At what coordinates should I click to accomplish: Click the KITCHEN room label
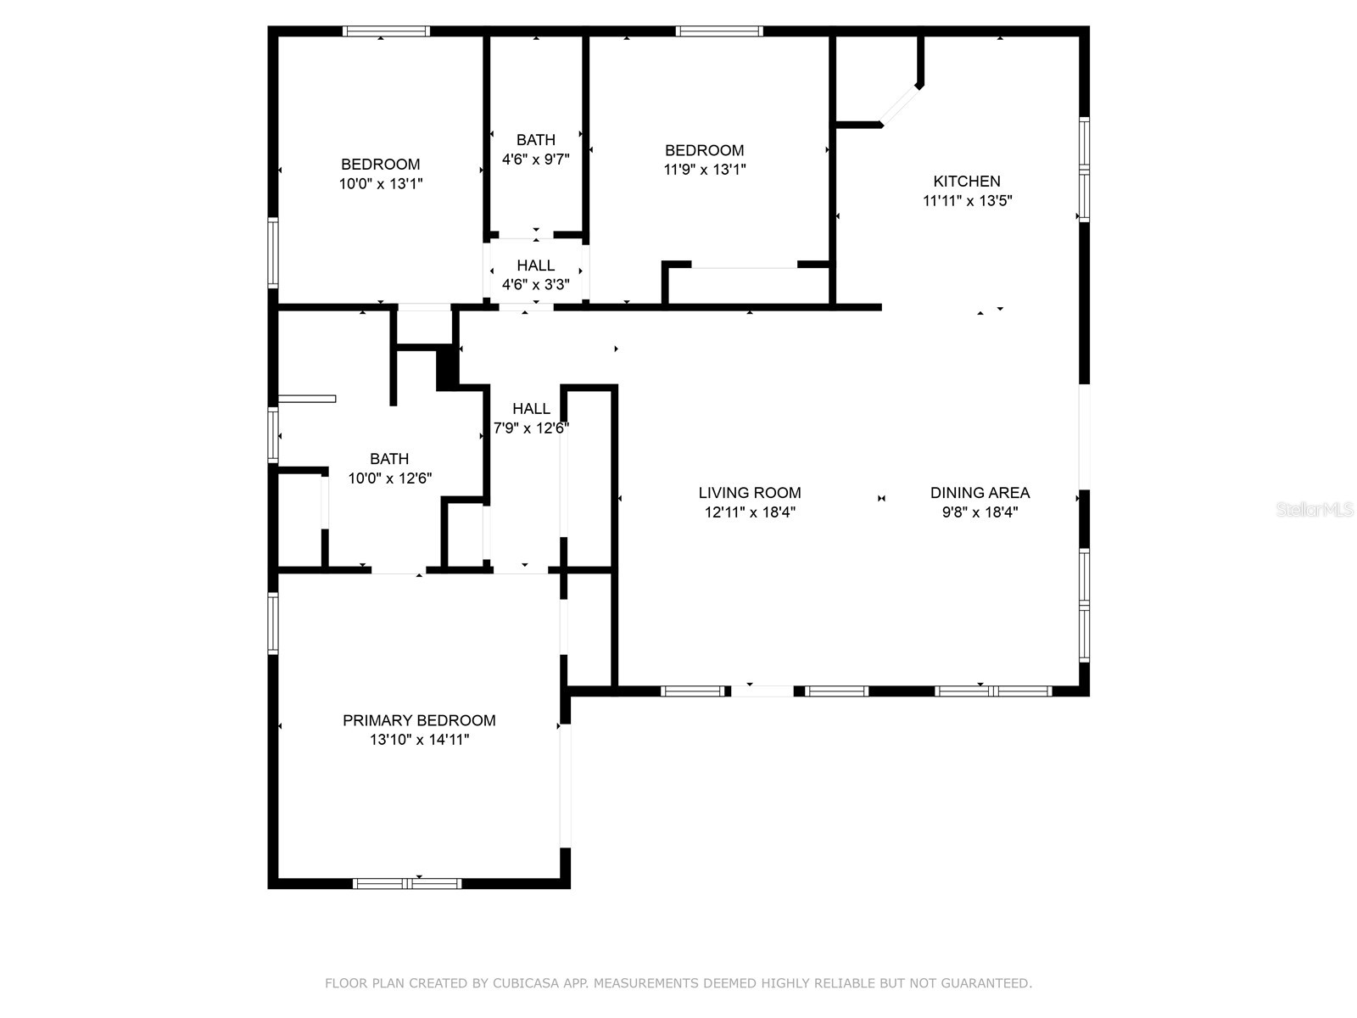coord(966,181)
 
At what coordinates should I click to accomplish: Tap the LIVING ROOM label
coord(749,492)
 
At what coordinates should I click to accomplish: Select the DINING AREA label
coord(980,492)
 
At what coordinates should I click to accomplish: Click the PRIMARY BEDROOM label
coord(419,720)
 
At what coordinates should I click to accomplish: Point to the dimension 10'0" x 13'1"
coord(381,183)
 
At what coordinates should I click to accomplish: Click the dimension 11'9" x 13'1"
coord(704,169)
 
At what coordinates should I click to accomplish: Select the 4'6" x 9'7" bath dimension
coord(535,159)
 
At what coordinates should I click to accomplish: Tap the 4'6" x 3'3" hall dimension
coord(535,284)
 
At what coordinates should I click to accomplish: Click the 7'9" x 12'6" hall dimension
coord(531,428)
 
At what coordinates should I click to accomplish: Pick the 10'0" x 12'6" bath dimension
coord(389,478)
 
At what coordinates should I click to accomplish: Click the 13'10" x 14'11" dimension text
coord(419,740)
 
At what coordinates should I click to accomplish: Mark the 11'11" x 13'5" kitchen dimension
coord(967,201)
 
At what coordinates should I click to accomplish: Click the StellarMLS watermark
coord(1314,510)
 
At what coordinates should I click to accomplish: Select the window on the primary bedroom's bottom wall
coord(407,883)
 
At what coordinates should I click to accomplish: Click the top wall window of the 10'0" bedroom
coord(386,31)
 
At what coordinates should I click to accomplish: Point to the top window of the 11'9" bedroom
coord(719,31)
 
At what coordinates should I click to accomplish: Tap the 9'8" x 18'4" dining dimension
coord(980,512)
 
